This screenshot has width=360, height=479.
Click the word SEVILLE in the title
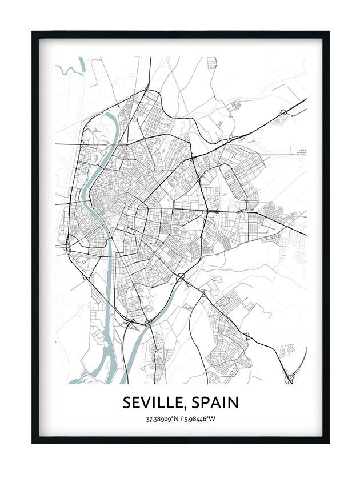152,403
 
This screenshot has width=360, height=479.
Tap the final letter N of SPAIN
233,403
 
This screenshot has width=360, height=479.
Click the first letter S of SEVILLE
127,403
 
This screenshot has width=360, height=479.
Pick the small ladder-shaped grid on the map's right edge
301,151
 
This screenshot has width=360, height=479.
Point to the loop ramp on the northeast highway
282,113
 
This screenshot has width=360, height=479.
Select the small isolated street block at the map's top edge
212,62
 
